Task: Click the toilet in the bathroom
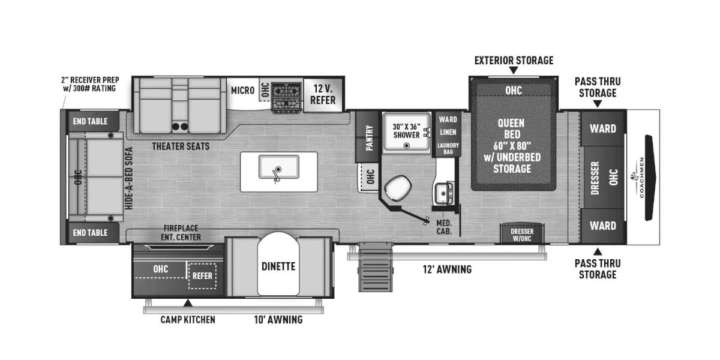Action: pyautogui.click(x=398, y=188)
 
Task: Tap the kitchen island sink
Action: pyautogui.click(x=279, y=167)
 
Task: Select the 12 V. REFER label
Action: pyautogui.click(x=323, y=95)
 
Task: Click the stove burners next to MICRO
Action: pyautogui.click(x=287, y=97)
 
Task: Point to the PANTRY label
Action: pyautogui.click(x=370, y=137)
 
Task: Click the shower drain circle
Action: pyautogui.click(x=407, y=146)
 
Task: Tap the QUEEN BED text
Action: pyautogui.click(x=512, y=128)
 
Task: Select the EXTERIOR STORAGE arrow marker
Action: pyautogui.click(x=514, y=70)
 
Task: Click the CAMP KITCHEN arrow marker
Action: pyautogui.click(x=188, y=303)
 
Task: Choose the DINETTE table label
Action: pyautogui.click(x=278, y=266)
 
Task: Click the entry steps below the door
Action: pyautogui.click(x=376, y=267)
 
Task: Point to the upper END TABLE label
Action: pyautogui.click(x=90, y=121)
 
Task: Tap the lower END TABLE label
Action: pyautogui.click(x=90, y=232)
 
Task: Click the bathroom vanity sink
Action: pyautogui.click(x=444, y=193)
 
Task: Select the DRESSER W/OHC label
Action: pyautogui.click(x=522, y=235)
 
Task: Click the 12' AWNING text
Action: pyautogui.click(x=447, y=269)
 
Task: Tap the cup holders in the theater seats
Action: pyautogui.click(x=179, y=127)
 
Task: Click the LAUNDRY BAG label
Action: pyautogui.click(x=448, y=149)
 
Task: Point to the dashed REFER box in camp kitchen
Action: pyautogui.click(x=202, y=276)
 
